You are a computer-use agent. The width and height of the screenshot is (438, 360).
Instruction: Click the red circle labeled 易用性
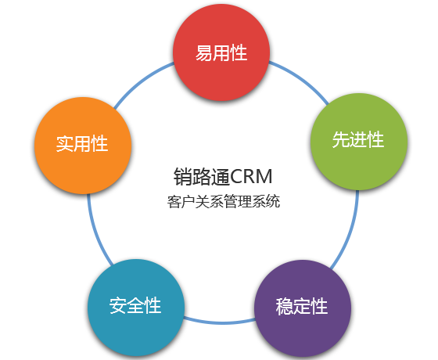point(221,52)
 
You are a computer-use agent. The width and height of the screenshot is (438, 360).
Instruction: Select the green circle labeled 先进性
point(359,142)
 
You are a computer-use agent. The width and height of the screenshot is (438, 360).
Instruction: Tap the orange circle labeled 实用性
point(83,146)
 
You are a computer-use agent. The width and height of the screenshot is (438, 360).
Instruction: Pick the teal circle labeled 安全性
point(136,308)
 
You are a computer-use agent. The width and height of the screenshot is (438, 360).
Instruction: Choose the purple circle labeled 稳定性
point(303,308)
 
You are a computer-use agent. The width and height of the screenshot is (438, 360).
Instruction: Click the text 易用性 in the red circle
point(221,53)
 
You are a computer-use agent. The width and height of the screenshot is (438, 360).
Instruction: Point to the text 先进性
point(358,139)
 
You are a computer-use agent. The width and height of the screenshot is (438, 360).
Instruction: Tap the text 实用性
point(82,144)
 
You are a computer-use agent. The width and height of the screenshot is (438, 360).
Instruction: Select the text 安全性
point(135,305)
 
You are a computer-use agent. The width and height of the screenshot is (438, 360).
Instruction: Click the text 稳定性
point(302,306)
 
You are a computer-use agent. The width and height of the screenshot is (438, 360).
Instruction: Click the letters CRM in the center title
point(251,177)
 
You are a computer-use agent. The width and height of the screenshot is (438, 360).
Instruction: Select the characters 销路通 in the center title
point(202,177)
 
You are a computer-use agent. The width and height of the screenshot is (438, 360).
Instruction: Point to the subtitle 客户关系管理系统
point(224,201)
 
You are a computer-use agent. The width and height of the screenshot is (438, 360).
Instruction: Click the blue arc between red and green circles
point(302,78)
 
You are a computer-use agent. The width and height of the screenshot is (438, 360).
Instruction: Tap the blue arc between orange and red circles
point(142,81)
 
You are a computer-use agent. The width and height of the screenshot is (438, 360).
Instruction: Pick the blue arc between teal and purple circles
point(220,322)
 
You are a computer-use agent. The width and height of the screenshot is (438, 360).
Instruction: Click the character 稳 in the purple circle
point(285,306)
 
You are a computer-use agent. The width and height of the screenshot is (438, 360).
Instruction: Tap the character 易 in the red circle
point(204,53)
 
